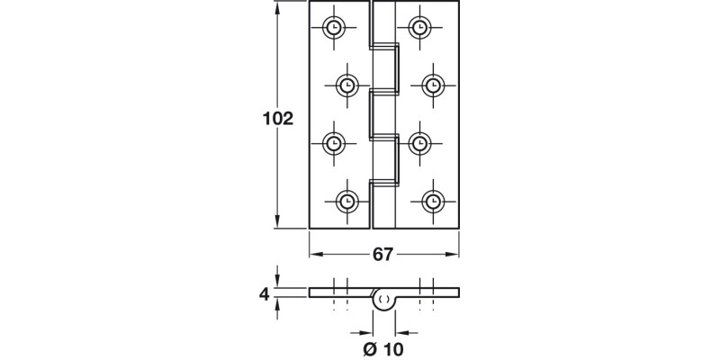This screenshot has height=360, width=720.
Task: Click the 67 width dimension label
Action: [383, 255]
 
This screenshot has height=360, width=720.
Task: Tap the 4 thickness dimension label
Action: [264, 293]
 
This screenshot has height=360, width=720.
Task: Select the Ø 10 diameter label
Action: [383, 346]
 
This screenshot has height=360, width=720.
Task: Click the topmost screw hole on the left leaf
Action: [335, 27]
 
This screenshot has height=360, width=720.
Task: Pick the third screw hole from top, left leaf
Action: [335, 142]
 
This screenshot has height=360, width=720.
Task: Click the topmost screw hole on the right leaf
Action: [419, 27]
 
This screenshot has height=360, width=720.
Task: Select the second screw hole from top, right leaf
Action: [432, 85]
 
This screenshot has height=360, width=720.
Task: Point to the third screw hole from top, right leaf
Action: [419, 142]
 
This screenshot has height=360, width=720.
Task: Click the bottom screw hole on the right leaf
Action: [432, 201]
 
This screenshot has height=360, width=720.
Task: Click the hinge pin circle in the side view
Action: [384, 299]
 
